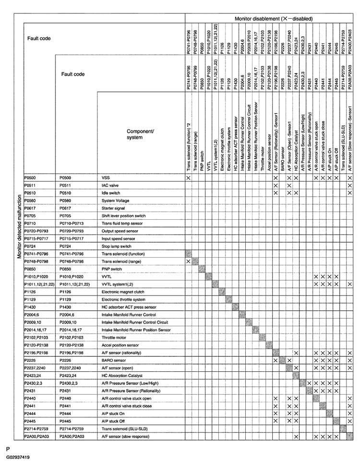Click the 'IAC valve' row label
(x=110, y=185)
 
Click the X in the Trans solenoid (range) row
(x=188, y=261)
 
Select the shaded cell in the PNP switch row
(x=202, y=269)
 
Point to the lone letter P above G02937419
(x=8, y=449)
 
